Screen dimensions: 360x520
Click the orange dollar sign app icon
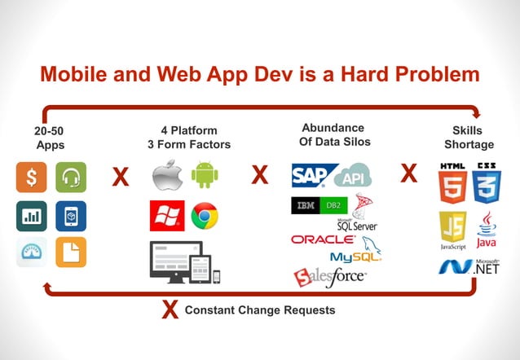[x=31, y=178]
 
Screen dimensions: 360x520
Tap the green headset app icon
[x=70, y=178]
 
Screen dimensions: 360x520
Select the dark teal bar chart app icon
[x=31, y=216]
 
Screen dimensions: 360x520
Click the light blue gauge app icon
[x=31, y=252]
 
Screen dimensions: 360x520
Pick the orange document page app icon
[x=70, y=252]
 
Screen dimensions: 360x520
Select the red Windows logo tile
[x=166, y=216]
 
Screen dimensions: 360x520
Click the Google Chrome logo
[x=205, y=217]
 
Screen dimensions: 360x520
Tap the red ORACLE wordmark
[x=323, y=239]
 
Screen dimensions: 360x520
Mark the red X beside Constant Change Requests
[x=170, y=310]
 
